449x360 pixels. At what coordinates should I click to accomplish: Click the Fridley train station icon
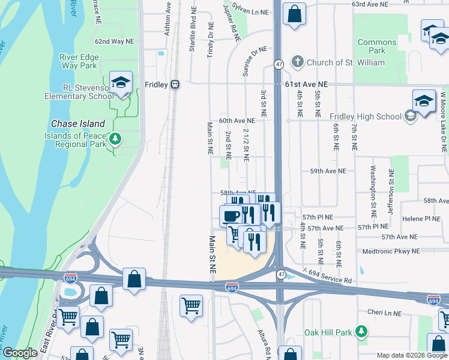[175, 85]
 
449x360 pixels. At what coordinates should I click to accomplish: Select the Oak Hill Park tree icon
[361, 331]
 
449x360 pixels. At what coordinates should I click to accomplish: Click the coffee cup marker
[231, 214]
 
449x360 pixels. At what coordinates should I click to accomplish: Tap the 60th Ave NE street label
[232, 121]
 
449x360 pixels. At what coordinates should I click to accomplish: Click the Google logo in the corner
[20, 353]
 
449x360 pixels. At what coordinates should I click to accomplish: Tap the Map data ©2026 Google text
[411, 355]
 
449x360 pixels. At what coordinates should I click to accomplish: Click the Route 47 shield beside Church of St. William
[279, 64]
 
